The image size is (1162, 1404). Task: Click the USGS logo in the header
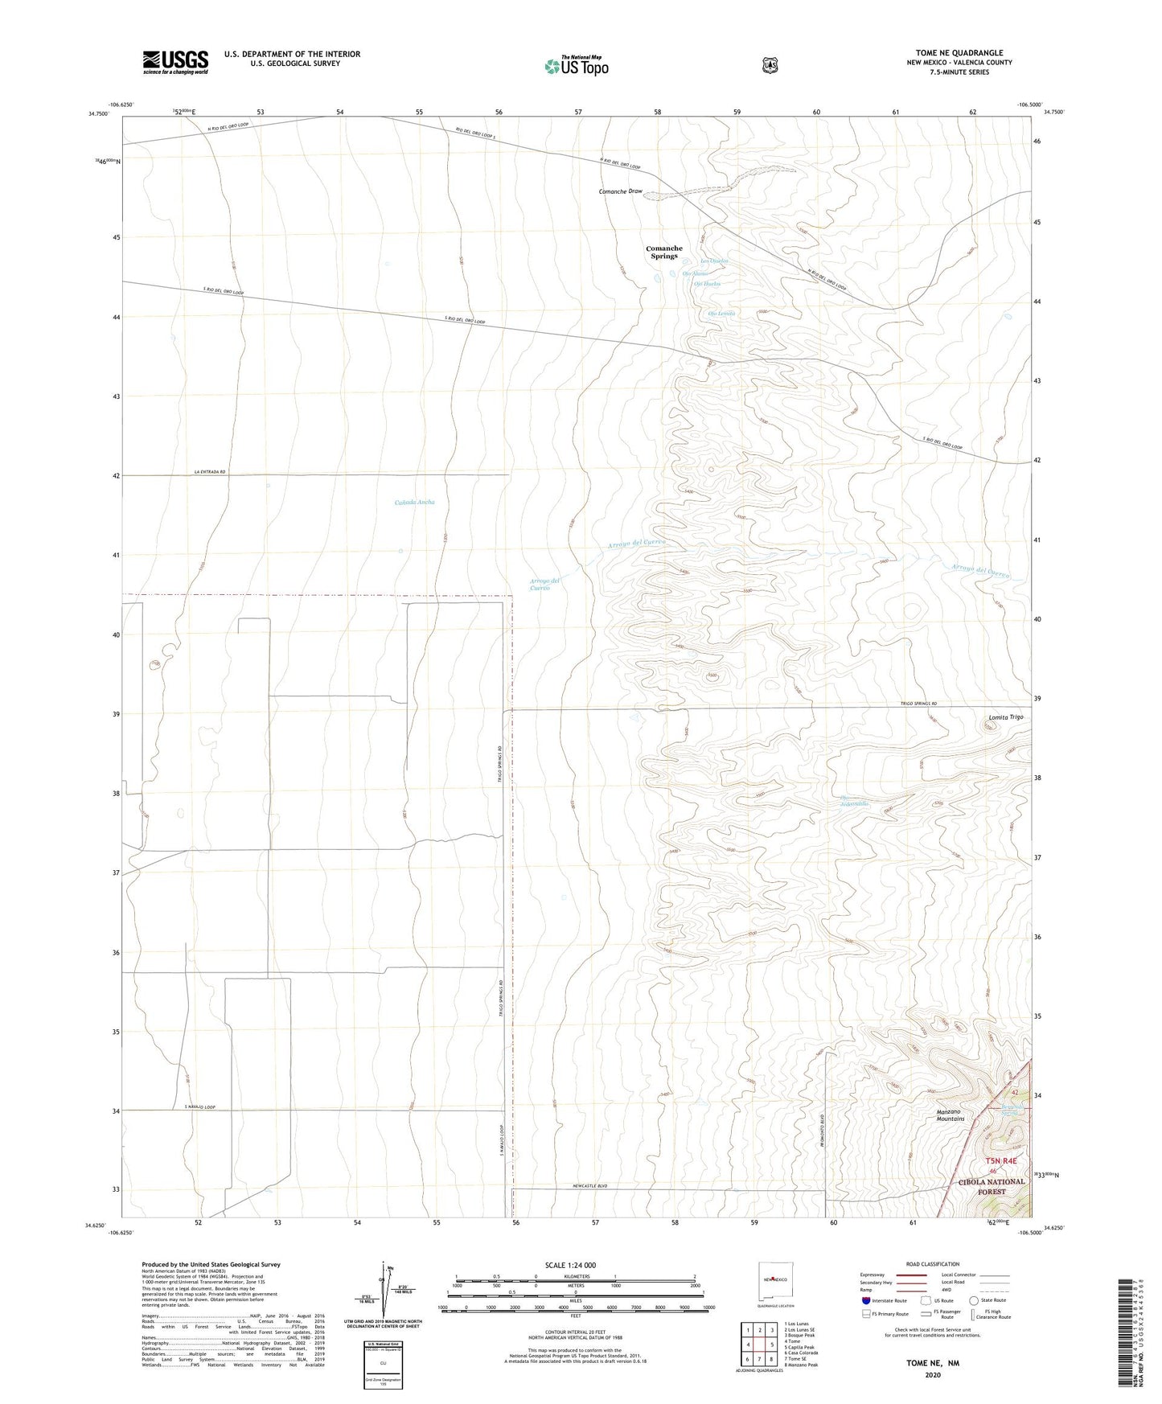[175, 62]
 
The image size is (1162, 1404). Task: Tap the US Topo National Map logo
[575, 65]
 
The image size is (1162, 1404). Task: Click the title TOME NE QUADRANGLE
[959, 52]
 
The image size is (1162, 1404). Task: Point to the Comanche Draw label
[621, 191]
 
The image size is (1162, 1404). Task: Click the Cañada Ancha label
[414, 502]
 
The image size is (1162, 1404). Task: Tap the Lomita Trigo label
[1005, 716]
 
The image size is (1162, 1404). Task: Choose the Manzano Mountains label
[950, 1115]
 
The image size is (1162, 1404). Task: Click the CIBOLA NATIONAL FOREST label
[992, 1186]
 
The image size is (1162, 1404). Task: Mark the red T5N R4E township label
[1000, 1160]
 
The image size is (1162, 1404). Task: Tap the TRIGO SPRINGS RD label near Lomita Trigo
[918, 704]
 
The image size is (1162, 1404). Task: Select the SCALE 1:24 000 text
[570, 1265]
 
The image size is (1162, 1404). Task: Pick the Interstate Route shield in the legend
[865, 1299]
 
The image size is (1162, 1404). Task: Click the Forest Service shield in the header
[770, 64]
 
